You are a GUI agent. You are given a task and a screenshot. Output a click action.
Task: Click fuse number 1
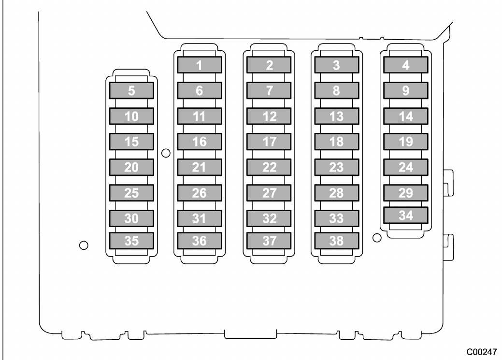click(x=200, y=65)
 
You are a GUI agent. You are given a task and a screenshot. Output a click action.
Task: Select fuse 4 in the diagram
click(x=406, y=65)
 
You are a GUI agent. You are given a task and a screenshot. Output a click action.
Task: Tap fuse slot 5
click(x=131, y=91)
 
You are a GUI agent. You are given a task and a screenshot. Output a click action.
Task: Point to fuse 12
click(x=269, y=116)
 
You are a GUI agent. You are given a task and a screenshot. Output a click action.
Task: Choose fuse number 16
click(x=200, y=142)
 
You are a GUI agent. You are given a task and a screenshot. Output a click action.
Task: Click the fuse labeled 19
click(x=406, y=142)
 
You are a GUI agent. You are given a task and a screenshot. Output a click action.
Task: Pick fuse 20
click(x=131, y=168)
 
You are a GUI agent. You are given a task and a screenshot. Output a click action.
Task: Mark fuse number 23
click(x=336, y=168)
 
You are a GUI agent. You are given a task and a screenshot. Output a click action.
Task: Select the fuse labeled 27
click(x=269, y=193)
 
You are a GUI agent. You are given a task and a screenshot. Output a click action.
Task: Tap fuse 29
click(x=406, y=193)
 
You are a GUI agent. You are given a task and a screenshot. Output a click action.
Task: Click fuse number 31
click(x=200, y=219)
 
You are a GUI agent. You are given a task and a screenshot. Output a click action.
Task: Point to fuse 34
click(x=406, y=215)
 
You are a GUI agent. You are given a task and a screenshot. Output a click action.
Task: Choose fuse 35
click(x=131, y=241)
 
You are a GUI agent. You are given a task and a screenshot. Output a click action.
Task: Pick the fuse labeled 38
click(x=336, y=241)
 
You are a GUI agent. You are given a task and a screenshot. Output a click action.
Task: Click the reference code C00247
click(x=482, y=352)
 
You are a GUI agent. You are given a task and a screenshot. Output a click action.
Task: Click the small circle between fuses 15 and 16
click(x=166, y=153)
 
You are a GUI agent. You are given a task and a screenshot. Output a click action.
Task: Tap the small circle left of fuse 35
click(x=84, y=245)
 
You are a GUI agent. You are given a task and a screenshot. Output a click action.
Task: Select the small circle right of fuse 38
click(x=377, y=238)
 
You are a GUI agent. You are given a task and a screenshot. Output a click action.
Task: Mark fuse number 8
click(x=336, y=91)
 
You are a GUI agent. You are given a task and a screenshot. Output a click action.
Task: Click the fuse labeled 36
click(x=200, y=241)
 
